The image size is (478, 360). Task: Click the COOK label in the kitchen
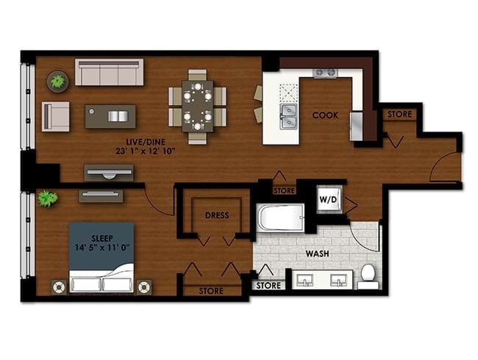(x=325, y=115)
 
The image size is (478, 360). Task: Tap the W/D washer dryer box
(x=329, y=199)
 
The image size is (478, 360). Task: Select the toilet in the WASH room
(x=368, y=276)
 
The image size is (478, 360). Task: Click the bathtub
(x=280, y=217)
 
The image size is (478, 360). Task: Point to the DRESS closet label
(x=217, y=216)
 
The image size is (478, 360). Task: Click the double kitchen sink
(x=289, y=117)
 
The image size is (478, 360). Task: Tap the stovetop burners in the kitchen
(x=325, y=73)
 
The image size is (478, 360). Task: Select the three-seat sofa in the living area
(x=109, y=72)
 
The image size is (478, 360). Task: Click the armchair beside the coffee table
(x=55, y=117)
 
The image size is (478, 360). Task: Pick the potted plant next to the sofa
(x=57, y=82)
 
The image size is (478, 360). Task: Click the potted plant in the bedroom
(x=48, y=198)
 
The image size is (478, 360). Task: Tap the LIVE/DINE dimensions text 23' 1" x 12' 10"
(x=146, y=151)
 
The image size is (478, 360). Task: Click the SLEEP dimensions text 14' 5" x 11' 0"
(x=101, y=248)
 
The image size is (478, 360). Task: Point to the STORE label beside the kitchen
(x=399, y=115)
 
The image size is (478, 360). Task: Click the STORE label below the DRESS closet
(x=211, y=291)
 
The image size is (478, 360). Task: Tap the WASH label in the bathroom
(x=317, y=253)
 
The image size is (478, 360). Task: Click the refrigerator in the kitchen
(x=356, y=126)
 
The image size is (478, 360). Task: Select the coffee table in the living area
(x=110, y=116)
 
